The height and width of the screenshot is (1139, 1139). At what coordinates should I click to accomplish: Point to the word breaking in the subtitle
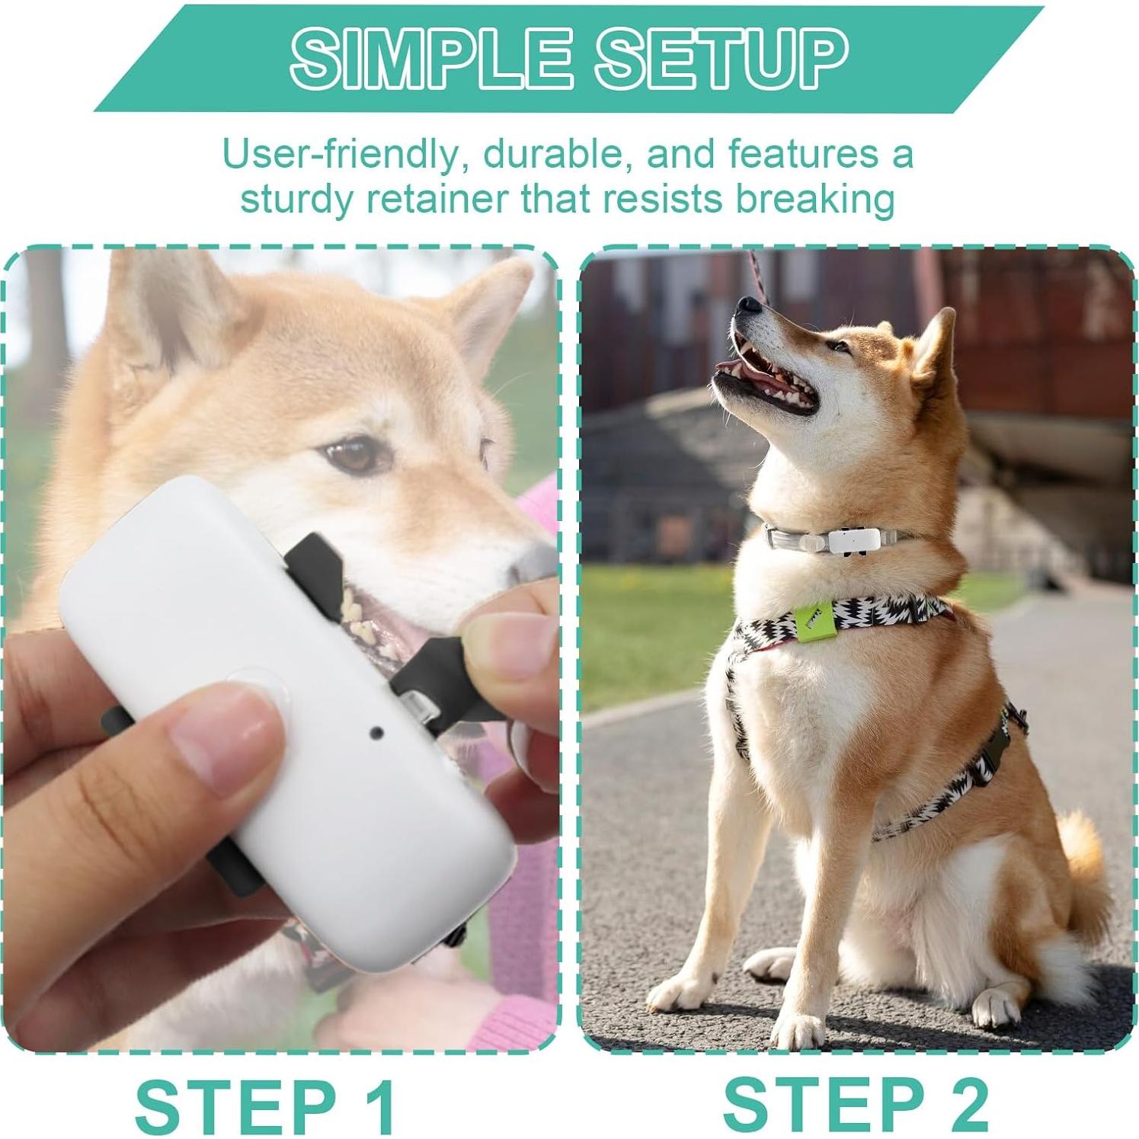coord(814,199)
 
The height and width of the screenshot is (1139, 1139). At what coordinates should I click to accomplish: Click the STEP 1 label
coord(266,1105)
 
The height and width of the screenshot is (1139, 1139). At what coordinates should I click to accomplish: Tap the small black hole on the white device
coord(376,733)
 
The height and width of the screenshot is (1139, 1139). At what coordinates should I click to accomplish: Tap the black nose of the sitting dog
coord(749,306)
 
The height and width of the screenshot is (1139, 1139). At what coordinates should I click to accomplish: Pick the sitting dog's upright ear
coord(937,343)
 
